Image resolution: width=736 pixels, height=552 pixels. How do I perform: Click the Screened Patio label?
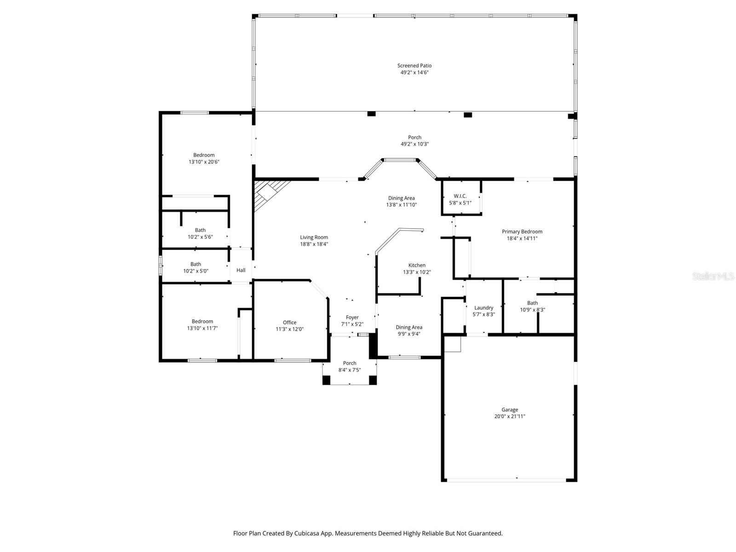pos(414,66)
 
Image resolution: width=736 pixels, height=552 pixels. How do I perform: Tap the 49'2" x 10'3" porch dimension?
pos(414,144)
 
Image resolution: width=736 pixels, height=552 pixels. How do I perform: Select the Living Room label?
pos(314,237)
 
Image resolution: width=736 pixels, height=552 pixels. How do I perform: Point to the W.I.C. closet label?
pos(460,196)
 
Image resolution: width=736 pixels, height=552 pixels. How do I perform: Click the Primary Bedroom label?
pos(522,231)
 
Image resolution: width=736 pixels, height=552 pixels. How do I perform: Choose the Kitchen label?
pos(417,265)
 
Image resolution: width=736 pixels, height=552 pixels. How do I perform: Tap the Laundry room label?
pos(483,308)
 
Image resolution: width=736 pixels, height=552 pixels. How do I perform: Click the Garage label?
pos(509,409)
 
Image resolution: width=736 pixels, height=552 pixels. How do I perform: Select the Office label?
pos(289,322)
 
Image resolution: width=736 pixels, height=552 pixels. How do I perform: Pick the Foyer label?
pos(352,317)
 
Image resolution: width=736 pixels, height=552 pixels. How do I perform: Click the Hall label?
pos(241,270)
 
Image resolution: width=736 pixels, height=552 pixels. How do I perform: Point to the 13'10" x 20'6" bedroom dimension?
pos(204,162)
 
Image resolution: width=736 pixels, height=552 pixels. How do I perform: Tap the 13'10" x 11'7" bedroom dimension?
pos(202,328)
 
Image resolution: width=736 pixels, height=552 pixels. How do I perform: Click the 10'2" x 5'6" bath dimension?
pos(200,237)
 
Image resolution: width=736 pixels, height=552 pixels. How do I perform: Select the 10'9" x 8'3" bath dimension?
pos(532,310)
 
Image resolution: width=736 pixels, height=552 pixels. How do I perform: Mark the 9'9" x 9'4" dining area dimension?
pos(408,334)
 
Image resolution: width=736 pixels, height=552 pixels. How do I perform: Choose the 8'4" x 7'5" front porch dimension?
pos(349,370)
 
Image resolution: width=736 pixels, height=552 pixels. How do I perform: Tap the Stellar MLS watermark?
pos(713,276)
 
